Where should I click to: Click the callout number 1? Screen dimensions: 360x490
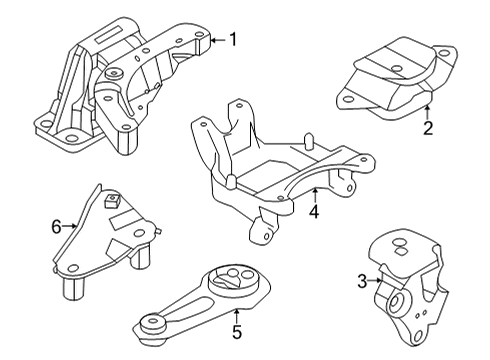click(x=233, y=40)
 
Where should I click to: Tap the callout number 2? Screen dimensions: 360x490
click(x=427, y=128)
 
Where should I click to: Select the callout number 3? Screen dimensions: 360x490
click(x=362, y=284)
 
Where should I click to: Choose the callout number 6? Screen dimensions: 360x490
click(x=57, y=227)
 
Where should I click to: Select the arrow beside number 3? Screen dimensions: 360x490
click(x=378, y=284)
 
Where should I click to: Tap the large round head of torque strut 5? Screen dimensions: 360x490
click(x=236, y=276)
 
